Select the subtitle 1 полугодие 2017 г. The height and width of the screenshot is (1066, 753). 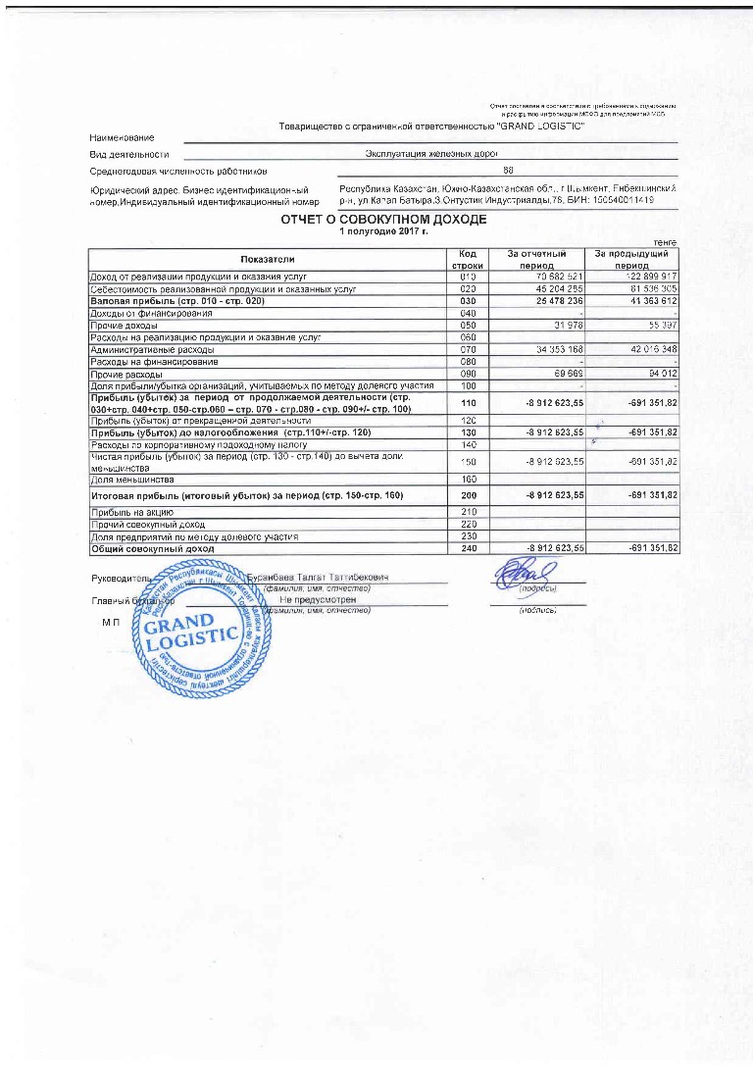pos(383,231)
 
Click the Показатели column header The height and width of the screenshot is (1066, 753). pos(267,259)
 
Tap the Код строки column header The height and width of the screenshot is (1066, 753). pos(467,259)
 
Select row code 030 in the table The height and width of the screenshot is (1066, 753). pos(467,301)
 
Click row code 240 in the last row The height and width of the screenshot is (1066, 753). pos(467,549)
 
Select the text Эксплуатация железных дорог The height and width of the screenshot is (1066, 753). pos(432,154)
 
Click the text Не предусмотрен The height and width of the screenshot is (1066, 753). pos(315,598)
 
